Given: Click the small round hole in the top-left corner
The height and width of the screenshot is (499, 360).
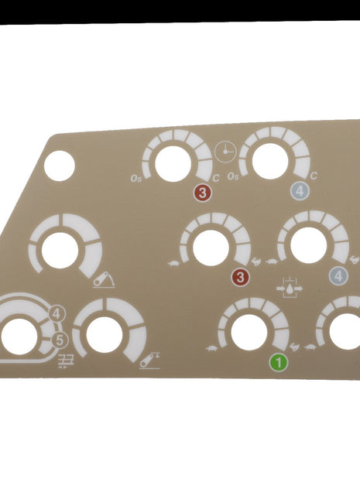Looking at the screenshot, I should point(60,166).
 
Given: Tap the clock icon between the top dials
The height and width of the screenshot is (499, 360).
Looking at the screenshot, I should point(225,151).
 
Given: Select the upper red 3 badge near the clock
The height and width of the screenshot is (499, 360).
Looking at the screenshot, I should point(202,193).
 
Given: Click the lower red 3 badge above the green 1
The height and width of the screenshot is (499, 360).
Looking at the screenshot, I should point(241,277).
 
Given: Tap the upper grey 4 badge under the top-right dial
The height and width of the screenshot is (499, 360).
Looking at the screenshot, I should point(300,193).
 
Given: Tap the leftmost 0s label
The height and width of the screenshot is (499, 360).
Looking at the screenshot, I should point(136,179).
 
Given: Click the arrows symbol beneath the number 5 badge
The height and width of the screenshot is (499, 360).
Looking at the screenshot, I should point(66,358).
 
